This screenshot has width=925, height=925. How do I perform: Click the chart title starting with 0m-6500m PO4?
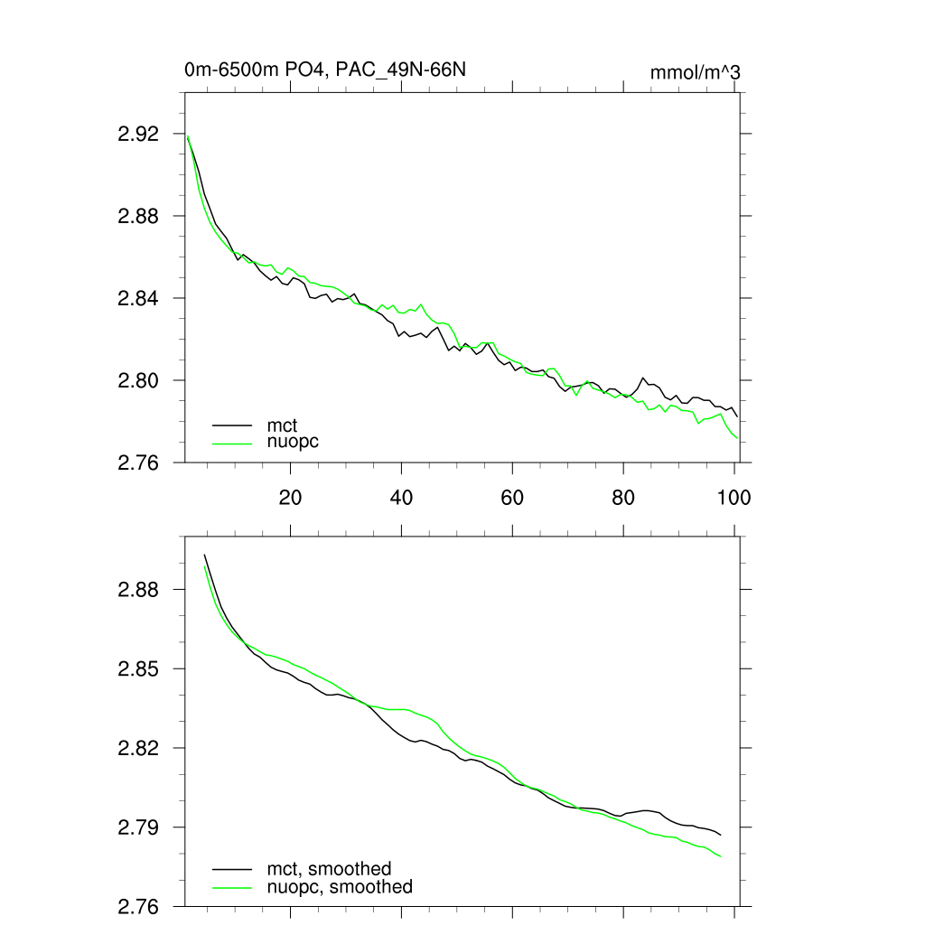coord(325,70)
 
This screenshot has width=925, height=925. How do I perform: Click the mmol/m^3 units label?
coord(696,71)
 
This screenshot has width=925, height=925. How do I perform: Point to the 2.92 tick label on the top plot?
coord(138,134)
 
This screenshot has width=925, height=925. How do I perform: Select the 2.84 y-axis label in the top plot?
coord(138,298)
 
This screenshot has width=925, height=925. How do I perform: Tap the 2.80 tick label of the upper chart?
coord(138,380)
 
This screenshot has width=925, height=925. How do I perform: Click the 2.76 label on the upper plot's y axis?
coord(138,462)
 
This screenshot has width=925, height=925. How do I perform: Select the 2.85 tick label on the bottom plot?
coord(138,669)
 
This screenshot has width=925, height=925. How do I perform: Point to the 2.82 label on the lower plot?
coord(138,749)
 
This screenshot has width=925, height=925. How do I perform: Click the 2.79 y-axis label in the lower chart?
coord(138,827)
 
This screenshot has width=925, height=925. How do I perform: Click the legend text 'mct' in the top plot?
coord(282,424)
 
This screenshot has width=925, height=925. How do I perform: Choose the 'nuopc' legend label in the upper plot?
coord(294,442)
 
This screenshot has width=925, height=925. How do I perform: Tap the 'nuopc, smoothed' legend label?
coord(340,887)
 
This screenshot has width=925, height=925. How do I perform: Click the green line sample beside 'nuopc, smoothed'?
coord(232,888)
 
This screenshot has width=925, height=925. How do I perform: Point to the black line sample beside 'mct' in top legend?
coord(232,424)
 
